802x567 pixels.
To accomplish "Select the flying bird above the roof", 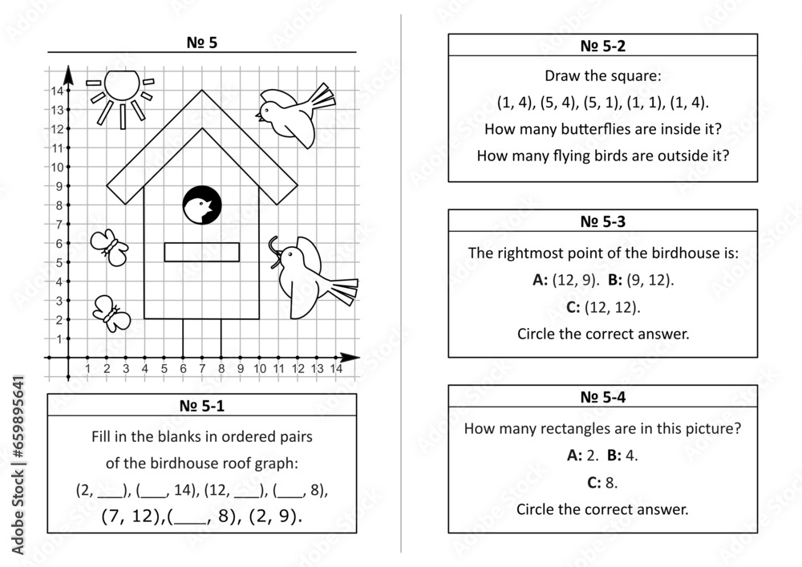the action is tap(292, 115).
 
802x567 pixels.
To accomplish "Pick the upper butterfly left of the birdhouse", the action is tap(109, 246).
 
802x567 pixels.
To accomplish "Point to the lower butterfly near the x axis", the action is tap(111, 313).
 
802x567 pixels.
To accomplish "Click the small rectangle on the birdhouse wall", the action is tap(201, 252).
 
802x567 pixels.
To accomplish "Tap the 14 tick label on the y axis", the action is tap(57, 91).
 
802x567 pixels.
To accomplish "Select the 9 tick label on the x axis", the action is tap(240, 369).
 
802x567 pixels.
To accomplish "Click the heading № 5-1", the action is tap(201, 406).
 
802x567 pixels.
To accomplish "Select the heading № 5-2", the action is tap(602, 46).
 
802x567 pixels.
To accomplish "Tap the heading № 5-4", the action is tap(602, 397).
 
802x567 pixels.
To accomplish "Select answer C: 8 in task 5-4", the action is tap(602, 482).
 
